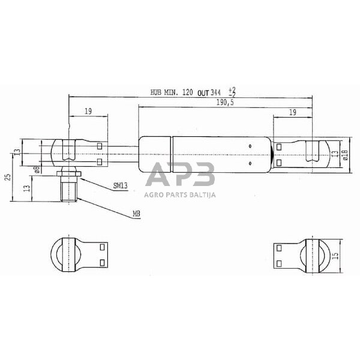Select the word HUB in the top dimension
click(x=157, y=92)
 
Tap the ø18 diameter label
click(x=346, y=155)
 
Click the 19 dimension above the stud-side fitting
click(x=88, y=112)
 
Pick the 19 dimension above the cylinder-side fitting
click(x=292, y=112)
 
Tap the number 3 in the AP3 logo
click(x=202, y=176)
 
